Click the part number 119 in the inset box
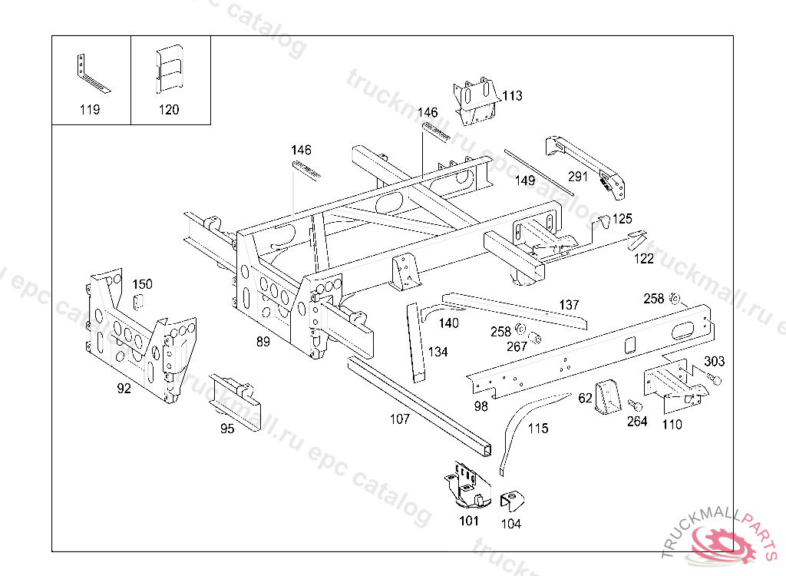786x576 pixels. pos(90,109)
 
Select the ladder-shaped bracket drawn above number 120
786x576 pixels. pos(169,69)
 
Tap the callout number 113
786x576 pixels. pos(512,95)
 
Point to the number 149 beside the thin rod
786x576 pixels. pos(525,180)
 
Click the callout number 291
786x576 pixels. pos(577,176)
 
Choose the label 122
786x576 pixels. pos(644,258)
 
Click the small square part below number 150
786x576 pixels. pos(138,302)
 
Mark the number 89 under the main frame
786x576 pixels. pos(263,342)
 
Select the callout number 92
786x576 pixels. pos(124,388)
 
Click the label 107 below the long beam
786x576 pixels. pos(399,419)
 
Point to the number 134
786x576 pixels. pos(438,352)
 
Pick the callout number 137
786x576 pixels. pos(569,305)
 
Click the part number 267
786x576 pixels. pos(517,346)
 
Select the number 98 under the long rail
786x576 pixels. pos(481,406)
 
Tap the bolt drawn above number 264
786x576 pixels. pos(635,405)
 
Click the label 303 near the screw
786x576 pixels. pos(715,361)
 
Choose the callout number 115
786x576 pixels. pos(538,428)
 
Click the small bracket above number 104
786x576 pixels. pos(512,502)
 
